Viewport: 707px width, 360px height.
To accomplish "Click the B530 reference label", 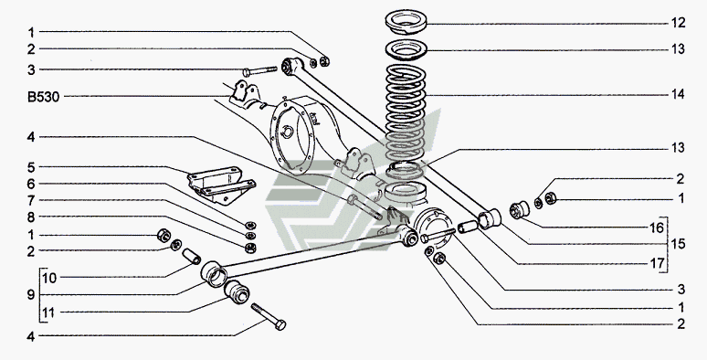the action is tap(43, 97).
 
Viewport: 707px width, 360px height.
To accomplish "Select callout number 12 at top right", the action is tap(678, 23).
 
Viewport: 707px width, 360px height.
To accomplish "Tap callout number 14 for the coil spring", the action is tap(678, 94).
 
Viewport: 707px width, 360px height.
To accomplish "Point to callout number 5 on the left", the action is tap(31, 168).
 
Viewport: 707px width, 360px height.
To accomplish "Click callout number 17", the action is tap(658, 263).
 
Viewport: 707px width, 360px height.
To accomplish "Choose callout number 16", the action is tap(658, 228).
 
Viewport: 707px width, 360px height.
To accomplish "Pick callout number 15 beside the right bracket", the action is tap(678, 244).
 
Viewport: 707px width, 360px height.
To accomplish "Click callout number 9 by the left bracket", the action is tap(31, 295).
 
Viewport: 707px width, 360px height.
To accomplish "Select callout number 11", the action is tap(48, 312).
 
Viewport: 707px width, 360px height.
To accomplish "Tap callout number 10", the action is tap(49, 279).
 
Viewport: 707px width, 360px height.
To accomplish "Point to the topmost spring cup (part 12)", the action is tap(406, 22).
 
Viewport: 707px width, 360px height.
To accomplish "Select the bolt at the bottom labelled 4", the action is tap(269, 316).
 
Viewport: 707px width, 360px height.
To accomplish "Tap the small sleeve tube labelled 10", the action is tap(192, 256).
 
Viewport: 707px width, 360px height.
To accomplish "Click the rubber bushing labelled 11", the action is tap(237, 291).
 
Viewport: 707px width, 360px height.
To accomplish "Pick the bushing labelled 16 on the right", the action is tap(520, 209).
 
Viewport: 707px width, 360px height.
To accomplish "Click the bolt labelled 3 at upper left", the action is tap(259, 71).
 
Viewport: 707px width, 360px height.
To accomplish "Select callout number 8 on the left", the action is tap(31, 217).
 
